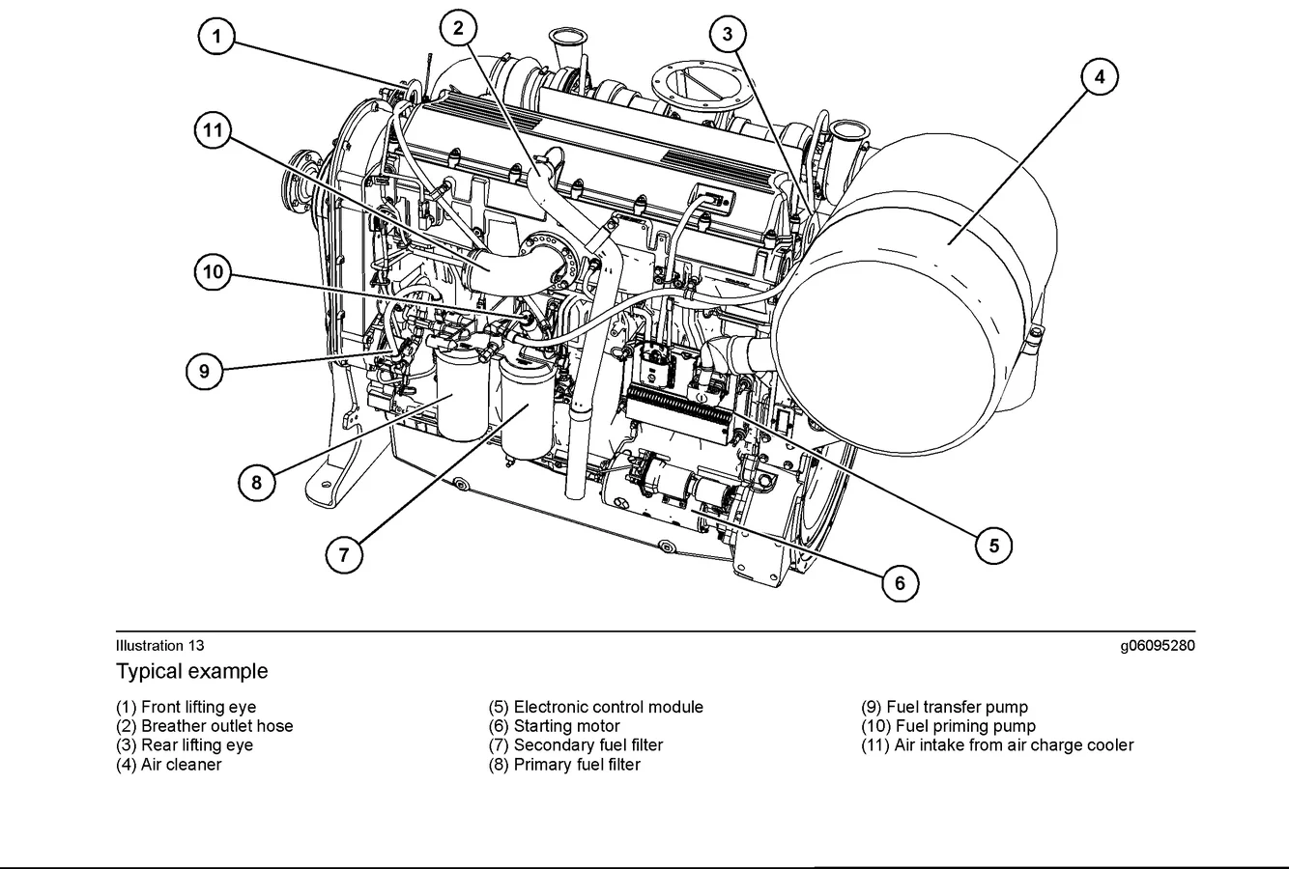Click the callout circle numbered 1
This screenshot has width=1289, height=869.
217,38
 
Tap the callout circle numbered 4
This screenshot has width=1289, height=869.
1099,76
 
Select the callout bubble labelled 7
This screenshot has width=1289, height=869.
344,554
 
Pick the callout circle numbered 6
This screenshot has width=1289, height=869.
900,582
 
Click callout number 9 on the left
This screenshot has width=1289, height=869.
205,370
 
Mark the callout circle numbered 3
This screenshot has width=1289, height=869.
728,35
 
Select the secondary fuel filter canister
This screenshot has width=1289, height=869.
526,410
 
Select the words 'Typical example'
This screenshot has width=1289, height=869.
192,671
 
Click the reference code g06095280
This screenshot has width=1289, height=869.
1158,645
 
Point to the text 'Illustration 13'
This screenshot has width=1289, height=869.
160,645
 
